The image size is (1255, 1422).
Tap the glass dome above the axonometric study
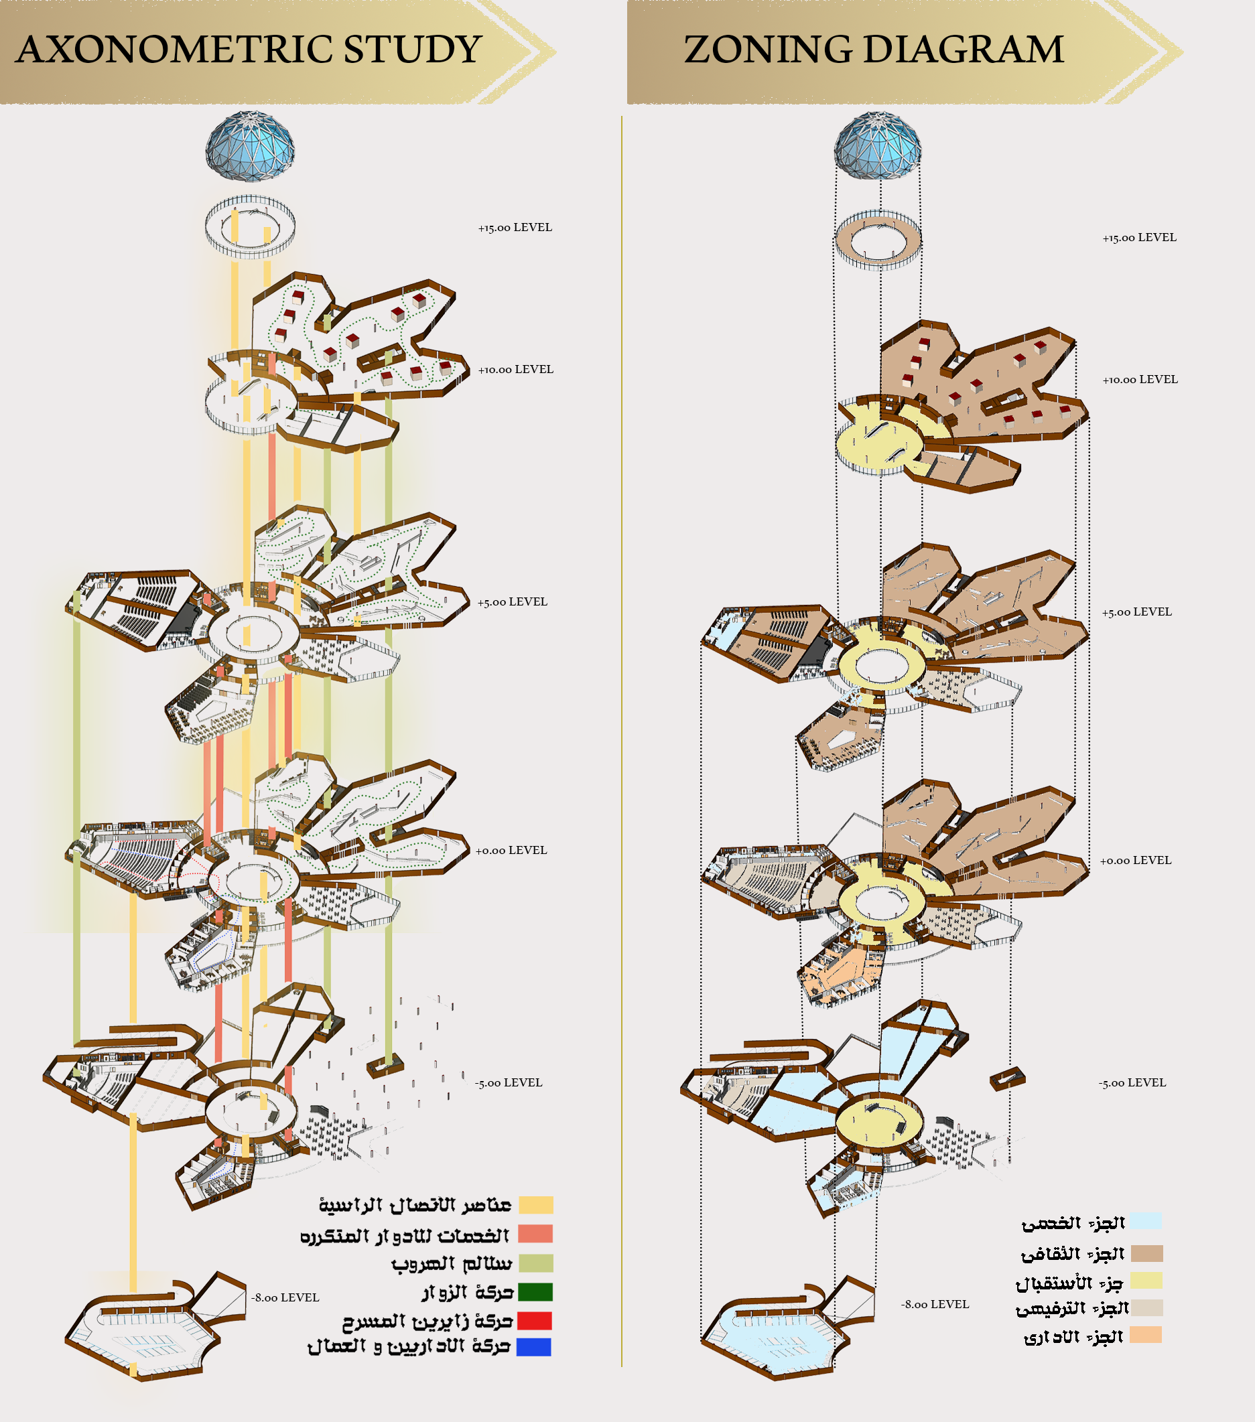pos(250,146)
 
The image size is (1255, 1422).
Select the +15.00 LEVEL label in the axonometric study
pos(515,228)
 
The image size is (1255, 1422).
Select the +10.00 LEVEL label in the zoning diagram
pos(1140,380)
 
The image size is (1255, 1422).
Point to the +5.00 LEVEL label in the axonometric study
pos(513,601)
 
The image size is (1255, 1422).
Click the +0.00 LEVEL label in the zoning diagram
pos(1135,861)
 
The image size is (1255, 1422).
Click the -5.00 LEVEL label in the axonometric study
pos(509,1082)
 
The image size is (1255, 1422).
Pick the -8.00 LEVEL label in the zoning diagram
pos(935,1304)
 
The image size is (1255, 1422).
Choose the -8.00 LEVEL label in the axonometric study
pos(285,1297)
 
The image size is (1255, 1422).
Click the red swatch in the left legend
pos(535,1320)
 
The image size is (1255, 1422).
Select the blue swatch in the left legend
pos(534,1348)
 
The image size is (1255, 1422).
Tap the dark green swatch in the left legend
pos(535,1292)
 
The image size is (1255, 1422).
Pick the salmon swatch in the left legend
pos(535,1234)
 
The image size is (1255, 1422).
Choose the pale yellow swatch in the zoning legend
pos(1146,1281)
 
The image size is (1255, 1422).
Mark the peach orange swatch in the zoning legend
pos(1146,1335)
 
